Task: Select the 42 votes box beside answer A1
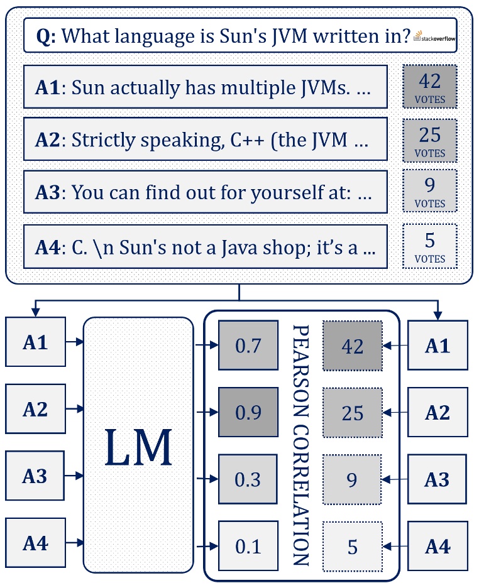coord(429,87)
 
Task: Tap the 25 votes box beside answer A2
coord(429,141)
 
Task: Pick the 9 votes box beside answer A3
coord(429,191)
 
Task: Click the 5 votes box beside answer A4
coord(429,246)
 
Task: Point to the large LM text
coord(138,447)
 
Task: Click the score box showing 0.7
coord(248,345)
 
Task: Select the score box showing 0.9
coord(248,412)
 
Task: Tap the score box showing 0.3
coord(248,479)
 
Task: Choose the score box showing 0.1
coord(248,545)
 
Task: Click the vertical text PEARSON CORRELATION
coord(301,445)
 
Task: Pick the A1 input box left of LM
coord(35,342)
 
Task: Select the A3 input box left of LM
coord(35,476)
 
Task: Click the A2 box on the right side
coord(438,412)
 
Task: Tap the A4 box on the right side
coord(438,547)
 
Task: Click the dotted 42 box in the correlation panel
coord(352,346)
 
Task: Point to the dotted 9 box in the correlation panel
coord(352,479)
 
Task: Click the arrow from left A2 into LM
coord(75,409)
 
